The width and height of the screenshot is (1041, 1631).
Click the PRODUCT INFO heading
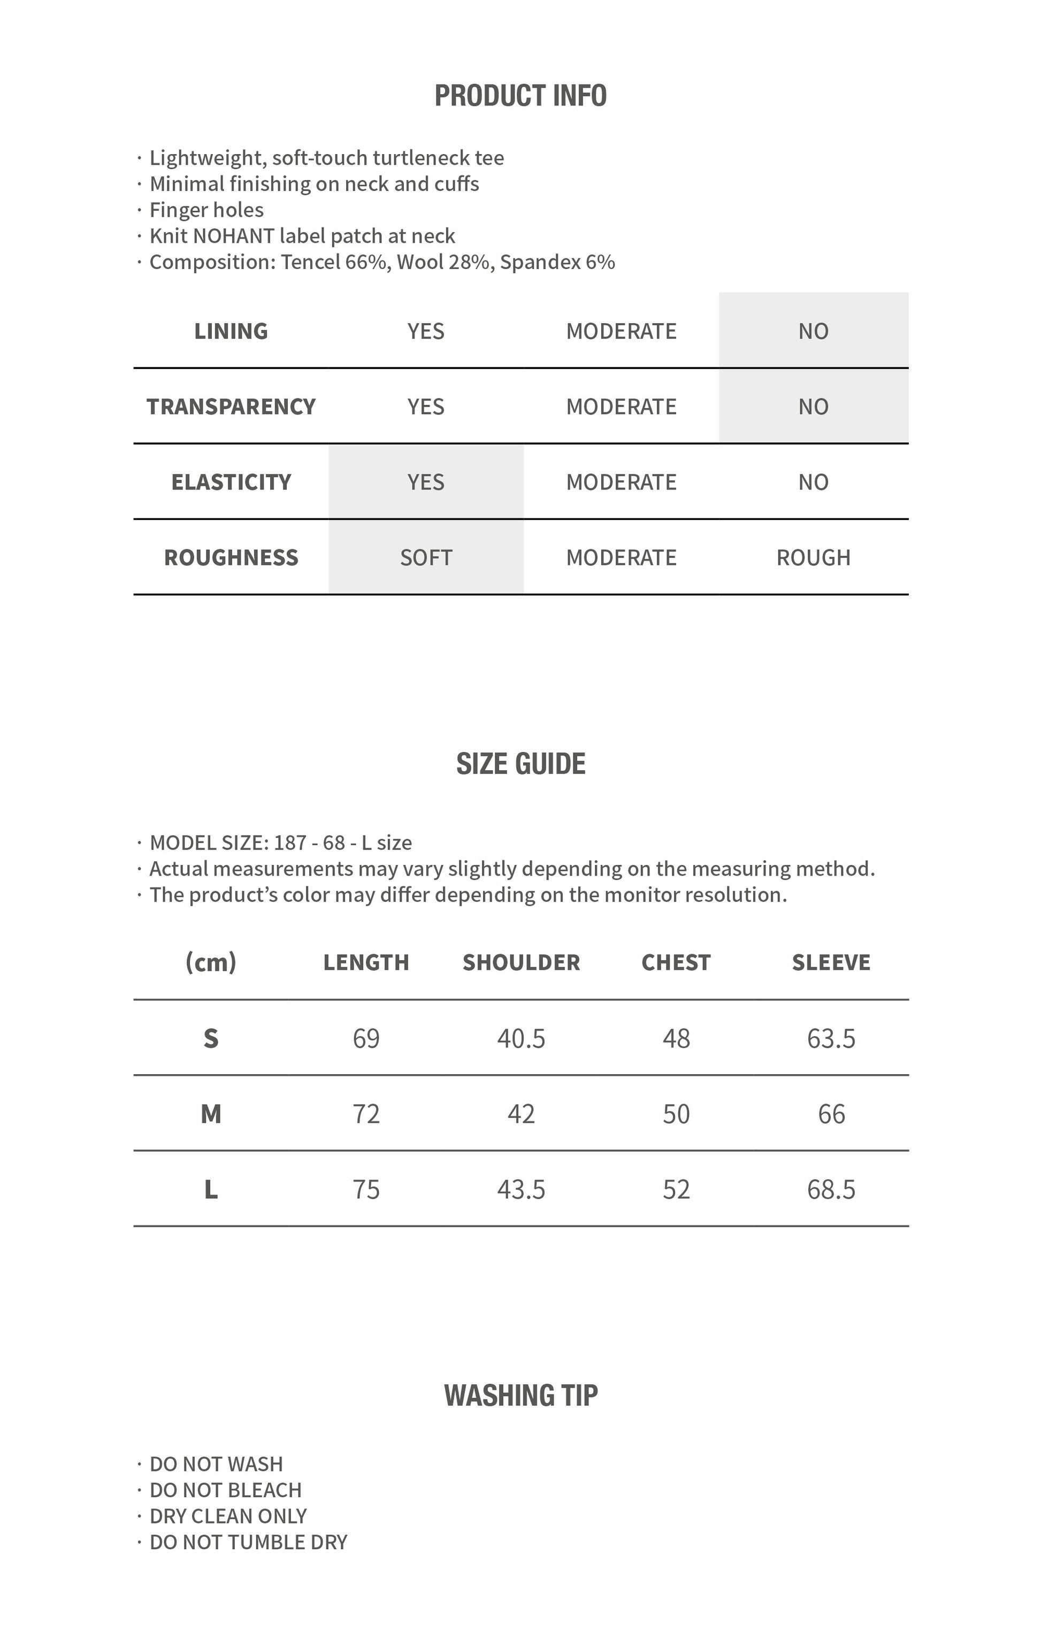(520, 96)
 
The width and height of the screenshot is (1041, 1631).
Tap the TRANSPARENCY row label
(231, 407)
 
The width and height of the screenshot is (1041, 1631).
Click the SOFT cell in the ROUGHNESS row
(425, 557)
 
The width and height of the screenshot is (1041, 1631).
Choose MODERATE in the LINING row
(621, 331)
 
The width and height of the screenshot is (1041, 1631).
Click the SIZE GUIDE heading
(520, 764)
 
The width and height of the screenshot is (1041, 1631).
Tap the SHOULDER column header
(521, 962)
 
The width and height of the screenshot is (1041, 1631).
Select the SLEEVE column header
(831, 962)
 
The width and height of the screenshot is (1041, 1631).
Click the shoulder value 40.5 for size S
(521, 1038)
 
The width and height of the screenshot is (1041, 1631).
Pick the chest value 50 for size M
(676, 1114)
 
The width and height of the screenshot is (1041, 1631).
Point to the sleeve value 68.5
(831, 1189)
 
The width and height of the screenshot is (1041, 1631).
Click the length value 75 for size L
(366, 1189)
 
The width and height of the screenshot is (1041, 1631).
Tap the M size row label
(211, 1114)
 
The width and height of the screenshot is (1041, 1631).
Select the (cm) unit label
(211, 962)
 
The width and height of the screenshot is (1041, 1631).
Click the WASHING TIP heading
(520, 1396)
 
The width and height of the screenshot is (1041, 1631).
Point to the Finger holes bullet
(206, 210)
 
